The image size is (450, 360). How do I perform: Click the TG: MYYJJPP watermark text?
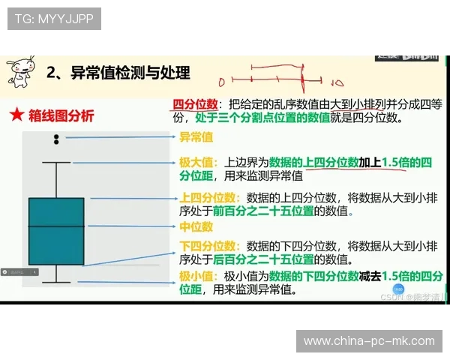tap(54, 19)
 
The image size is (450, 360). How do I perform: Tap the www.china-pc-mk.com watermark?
tap(368, 341)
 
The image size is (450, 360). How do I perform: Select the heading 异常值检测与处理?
tap(130, 73)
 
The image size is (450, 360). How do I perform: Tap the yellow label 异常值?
tap(196, 137)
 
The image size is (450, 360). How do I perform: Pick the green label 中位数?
tap(196, 226)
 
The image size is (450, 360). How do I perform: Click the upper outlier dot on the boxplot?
tap(56, 135)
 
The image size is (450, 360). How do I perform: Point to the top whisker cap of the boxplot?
tap(56, 162)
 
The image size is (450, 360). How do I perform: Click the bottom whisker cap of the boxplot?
tap(56, 282)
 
